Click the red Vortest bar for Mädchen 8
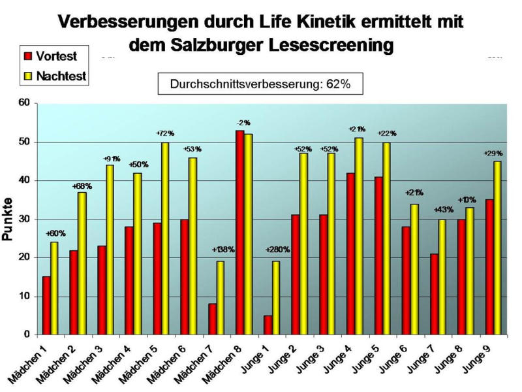coord(240,233)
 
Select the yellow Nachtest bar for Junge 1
coord(276,298)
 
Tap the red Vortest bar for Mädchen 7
coord(212,319)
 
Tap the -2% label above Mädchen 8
coord(244,123)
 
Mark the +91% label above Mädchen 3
coord(112,159)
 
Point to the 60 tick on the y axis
coord(25,103)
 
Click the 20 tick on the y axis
coord(25,257)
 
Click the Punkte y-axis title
coord(8,220)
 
